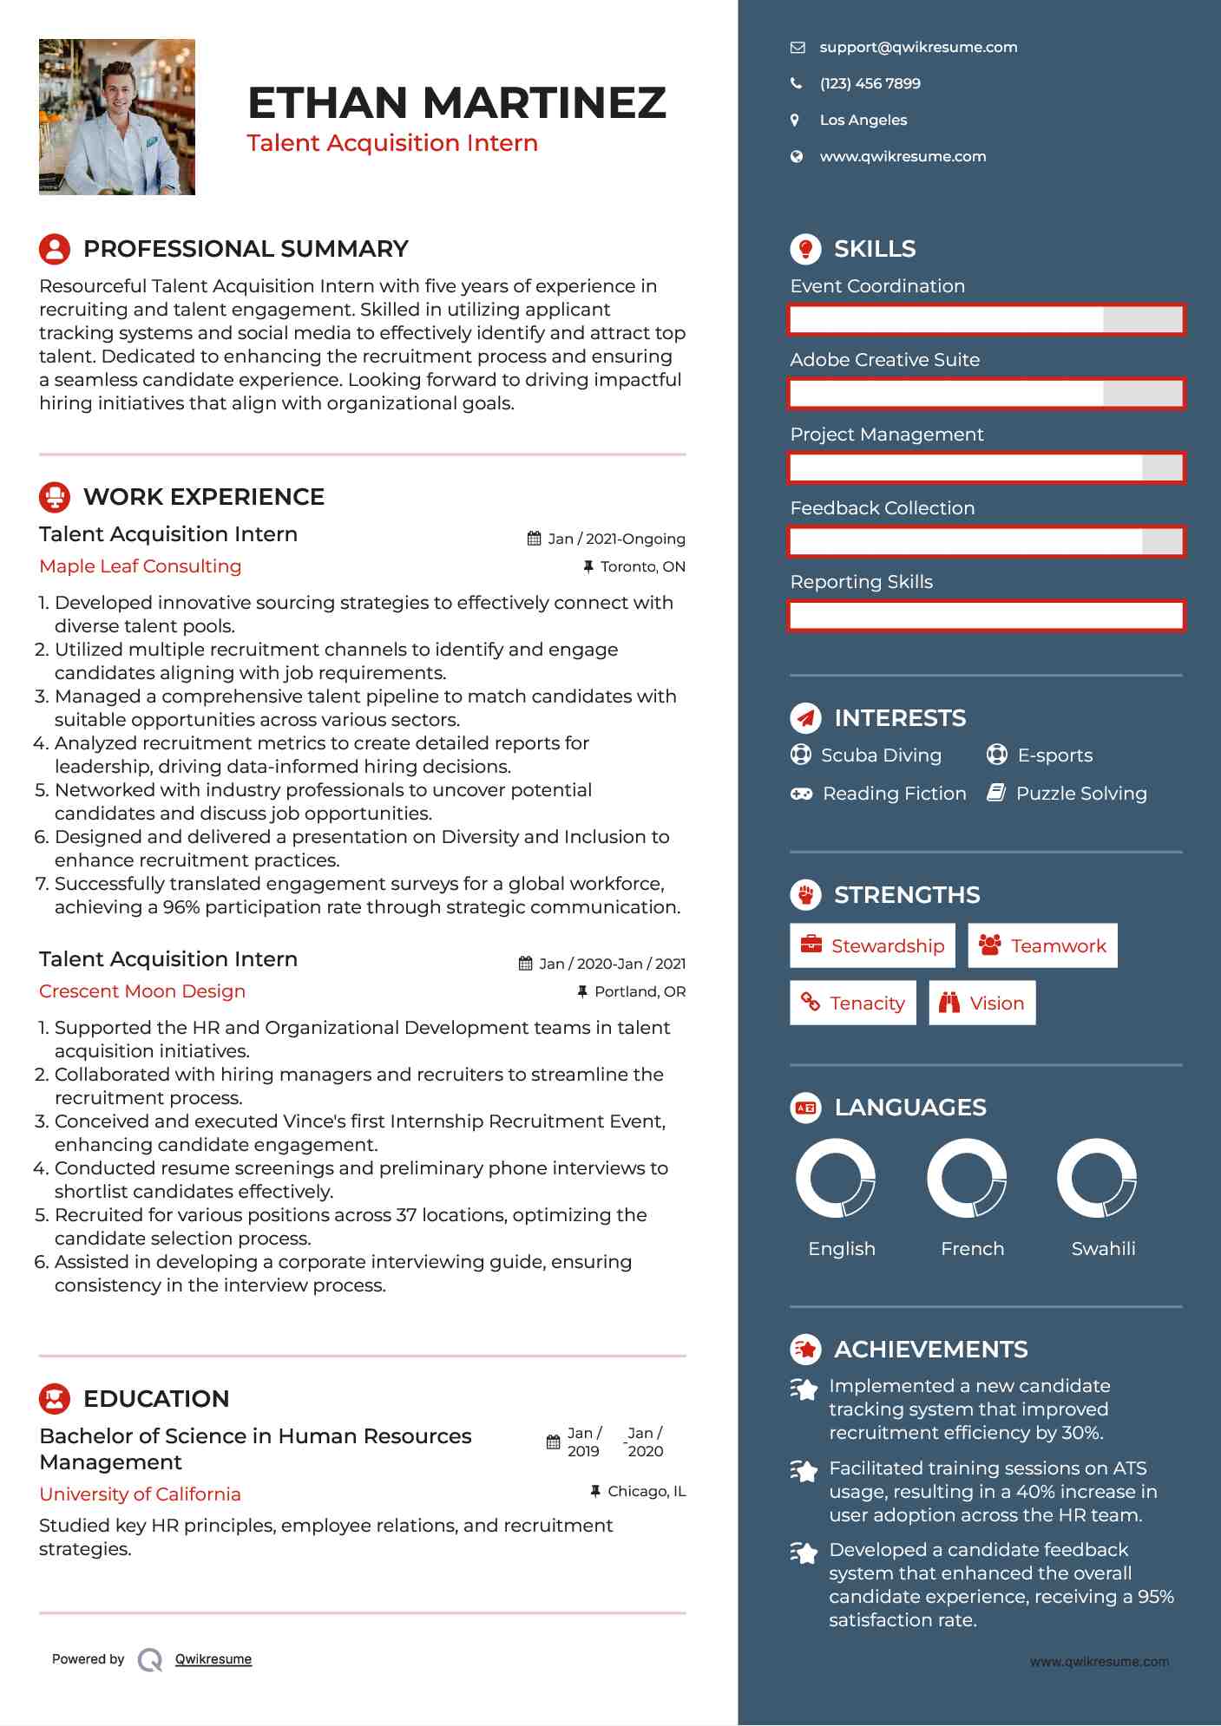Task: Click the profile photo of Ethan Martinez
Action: tap(117, 117)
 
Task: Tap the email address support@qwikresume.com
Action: tap(918, 48)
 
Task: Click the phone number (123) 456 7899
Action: tap(870, 84)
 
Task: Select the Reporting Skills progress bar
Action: tap(986, 616)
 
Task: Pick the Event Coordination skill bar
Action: tap(986, 319)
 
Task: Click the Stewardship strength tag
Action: tap(872, 945)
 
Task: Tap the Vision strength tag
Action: tap(982, 1004)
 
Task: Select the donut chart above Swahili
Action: tap(1097, 1179)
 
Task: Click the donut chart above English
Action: tap(836, 1179)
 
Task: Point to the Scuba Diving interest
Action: tap(881, 755)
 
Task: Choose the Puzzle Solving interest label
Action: tap(1080, 794)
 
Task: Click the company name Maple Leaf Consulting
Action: tap(141, 566)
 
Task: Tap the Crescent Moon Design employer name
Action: tap(142, 991)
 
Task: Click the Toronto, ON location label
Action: tap(642, 567)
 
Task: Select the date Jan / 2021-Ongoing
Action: tap(616, 539)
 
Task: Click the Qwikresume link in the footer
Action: tap(213, 1659)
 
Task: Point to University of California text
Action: tap(140, 1494)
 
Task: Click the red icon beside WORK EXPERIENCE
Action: tap(55, 497)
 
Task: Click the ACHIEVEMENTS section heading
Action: tap(930, 1350)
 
